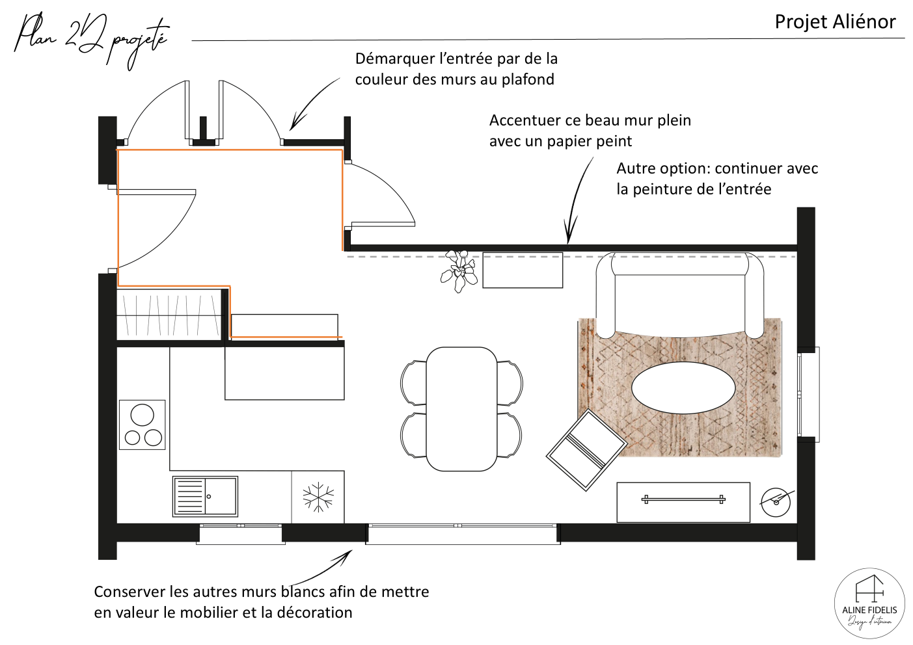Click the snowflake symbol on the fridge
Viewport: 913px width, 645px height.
318,497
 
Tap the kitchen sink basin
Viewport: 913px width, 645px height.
221,496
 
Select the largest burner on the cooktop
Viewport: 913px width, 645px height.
143,415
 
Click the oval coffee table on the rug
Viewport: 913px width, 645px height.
683,388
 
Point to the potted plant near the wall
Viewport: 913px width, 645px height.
459,270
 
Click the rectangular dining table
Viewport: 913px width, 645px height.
461,409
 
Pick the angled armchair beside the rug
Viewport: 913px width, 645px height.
586,450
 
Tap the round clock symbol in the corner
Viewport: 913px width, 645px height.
776,502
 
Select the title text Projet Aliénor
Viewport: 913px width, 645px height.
835,21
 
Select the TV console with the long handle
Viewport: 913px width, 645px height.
683,503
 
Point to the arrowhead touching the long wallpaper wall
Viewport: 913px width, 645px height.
570,235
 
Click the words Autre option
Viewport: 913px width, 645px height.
662,168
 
